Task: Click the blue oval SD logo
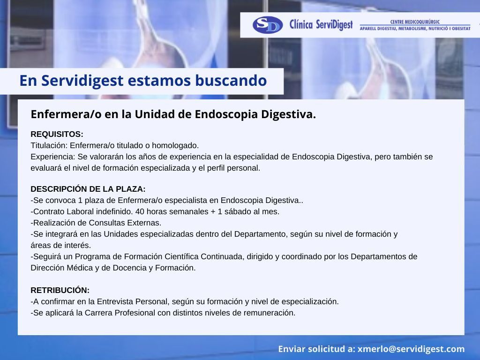[x=268, y=25]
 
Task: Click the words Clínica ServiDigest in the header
[x=321, y=25]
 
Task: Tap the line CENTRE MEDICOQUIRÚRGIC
[x=415, y=22]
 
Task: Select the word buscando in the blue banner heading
[x=231, y=81]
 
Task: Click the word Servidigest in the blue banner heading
[x=82, y=81]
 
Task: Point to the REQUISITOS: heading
[x=57, y=134]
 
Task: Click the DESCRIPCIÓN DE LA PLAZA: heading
[x=88, y=189]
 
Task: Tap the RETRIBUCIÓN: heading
[x=60, y=290]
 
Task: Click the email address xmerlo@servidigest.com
[x=411, y=349]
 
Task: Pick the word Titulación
[x=49, y=145]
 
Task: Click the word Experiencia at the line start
[x=52, y=157]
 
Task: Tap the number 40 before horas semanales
[x=140, y=211]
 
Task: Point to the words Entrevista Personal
[x=132, y=301]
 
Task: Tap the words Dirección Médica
[x=61, y=268]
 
